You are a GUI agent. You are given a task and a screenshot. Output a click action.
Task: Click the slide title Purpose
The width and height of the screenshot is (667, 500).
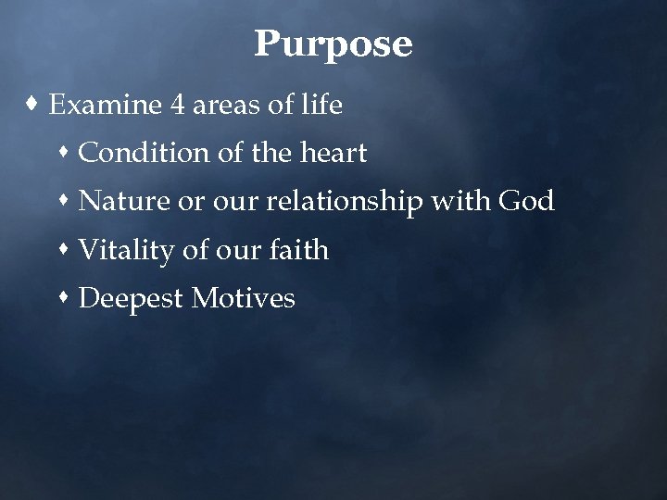coord(333,44)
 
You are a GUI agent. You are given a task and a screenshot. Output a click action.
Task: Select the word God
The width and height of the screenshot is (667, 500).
coord(527,201)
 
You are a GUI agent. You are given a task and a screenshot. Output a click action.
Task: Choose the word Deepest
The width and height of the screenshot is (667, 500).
coord(131,299)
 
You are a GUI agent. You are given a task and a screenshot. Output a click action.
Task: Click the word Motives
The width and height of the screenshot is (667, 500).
coord(244,298)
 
